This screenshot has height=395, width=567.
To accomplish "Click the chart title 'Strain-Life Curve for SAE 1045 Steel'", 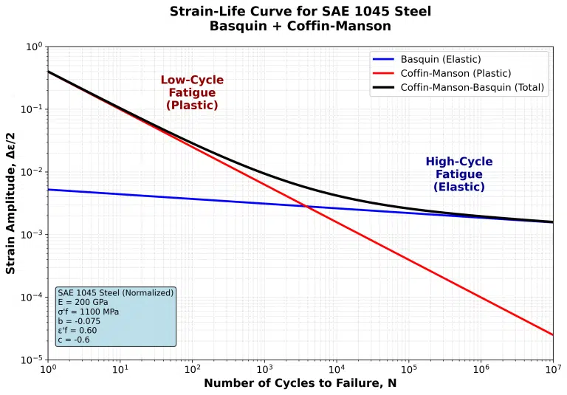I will coord(300,12).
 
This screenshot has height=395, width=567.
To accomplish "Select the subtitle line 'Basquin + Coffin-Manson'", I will coord(300,27).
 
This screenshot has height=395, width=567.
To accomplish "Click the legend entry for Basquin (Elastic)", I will coord(440,60).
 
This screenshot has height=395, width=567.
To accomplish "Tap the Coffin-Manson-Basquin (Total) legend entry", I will coord(472,87).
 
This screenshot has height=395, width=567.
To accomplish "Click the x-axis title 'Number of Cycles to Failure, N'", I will coord(300,383).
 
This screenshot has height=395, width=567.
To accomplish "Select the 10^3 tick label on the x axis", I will coord(264,368).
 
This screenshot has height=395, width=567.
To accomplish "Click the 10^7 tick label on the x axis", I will coord(552,368).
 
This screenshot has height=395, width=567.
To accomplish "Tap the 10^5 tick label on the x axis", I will coord(408,368).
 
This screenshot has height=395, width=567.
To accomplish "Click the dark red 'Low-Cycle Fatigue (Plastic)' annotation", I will coord(192,93).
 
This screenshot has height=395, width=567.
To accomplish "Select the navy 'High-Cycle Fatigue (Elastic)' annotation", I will coord(458,174).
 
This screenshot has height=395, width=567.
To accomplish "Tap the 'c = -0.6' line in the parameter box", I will coord(74,340).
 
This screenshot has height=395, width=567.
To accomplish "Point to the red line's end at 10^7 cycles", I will coord(552,334).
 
